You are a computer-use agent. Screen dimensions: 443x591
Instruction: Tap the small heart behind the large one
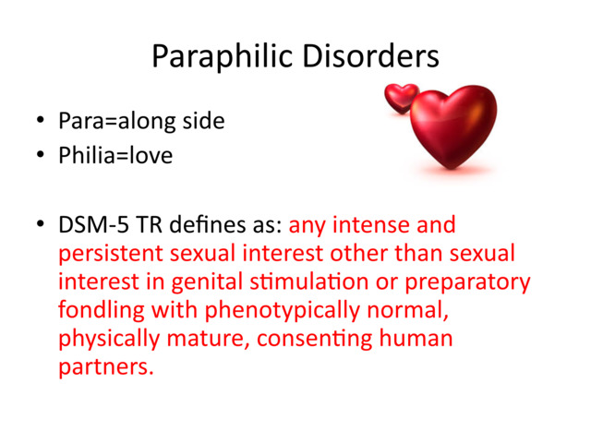tap(401, 97)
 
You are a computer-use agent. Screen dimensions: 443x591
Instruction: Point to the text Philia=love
tap(115, 156)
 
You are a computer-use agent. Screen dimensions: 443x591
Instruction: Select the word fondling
tap(99, 310)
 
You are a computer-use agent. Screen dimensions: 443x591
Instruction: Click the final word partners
tap(103, 367)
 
